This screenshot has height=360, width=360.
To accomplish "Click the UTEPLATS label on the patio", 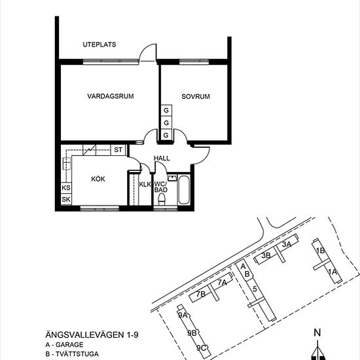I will (x=99, y=45).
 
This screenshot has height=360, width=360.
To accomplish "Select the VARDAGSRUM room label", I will (x=110, y=96).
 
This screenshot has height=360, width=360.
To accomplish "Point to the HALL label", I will (x=162, y=158).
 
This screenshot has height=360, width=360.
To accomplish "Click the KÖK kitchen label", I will (x=99, y=177).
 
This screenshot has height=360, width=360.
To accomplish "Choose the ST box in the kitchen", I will (x=118, y=150).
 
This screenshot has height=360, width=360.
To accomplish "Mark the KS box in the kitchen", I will (x=66, y=188).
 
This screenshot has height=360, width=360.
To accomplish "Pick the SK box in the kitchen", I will (x=66, y=199).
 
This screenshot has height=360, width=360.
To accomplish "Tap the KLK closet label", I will (x=145, y=185).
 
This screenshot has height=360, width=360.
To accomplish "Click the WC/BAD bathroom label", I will (x=161, y=187).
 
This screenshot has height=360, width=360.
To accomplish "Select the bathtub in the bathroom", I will (x=184, y=190).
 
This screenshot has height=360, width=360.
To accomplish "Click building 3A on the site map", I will (x=286, y=244).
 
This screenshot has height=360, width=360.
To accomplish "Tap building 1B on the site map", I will (x=320, y=251).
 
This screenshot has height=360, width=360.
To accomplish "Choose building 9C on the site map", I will (x=202, y=348).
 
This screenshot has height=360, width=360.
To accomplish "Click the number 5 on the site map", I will (x=254, y=288).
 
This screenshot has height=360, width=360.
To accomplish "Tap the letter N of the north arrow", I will (x=317, y=332).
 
